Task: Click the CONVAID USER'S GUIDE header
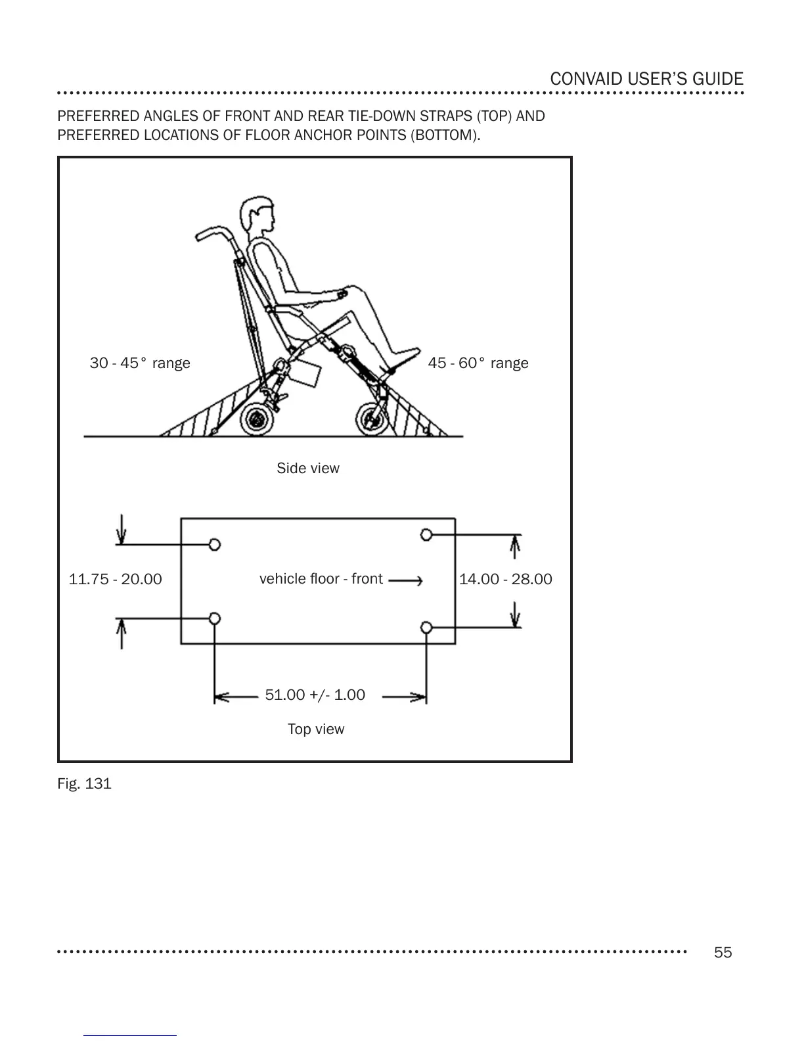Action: coord(646,79)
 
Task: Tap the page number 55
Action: coord(723,952)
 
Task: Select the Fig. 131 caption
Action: coord(84,783)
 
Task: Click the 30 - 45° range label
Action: coord(140,363)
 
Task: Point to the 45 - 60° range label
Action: coord(478,363)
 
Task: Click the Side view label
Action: coord(308,468)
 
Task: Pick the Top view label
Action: coord(316,729)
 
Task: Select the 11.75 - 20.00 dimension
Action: coord(116,579)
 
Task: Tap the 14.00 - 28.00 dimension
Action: coord(506,579)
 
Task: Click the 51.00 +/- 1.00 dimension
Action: coord(315,695)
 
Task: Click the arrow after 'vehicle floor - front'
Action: coord(405,580)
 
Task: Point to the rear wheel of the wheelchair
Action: coord(257,419)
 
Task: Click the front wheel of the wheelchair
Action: coord(372,419)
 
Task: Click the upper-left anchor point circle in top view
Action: coord(214,544)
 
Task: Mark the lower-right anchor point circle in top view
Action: coord(426,628)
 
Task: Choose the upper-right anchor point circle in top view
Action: coord(426,534)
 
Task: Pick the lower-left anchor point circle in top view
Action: coord(214,618)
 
